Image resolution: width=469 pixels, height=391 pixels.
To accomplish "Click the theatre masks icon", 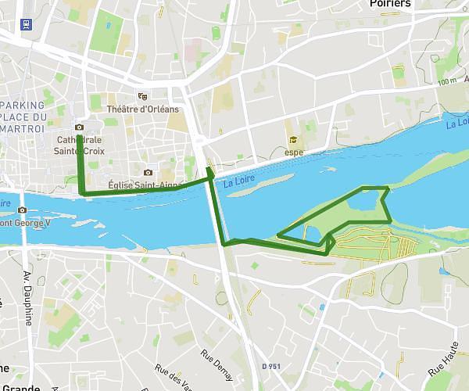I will [x=142, y=96].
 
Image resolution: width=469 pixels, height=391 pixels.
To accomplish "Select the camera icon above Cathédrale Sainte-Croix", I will [x=79, y=127].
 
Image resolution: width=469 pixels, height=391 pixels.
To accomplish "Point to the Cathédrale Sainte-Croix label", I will [x=81, y=145].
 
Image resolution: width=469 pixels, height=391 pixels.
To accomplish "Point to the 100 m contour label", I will [x=447, y=81].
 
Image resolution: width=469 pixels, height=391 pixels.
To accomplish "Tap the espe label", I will [x=294, y=152].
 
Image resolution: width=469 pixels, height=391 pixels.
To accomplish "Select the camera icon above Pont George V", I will [x=22, y=210].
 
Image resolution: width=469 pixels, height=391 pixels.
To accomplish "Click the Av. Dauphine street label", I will [x=29, y=300].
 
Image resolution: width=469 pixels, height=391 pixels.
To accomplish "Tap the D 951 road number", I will [x=270, y=366].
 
